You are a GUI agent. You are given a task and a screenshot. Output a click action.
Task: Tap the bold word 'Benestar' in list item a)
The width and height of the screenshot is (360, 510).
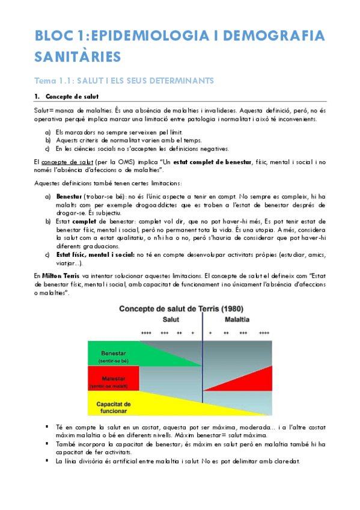69,197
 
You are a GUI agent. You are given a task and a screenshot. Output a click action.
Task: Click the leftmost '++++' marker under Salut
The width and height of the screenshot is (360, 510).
146,332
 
